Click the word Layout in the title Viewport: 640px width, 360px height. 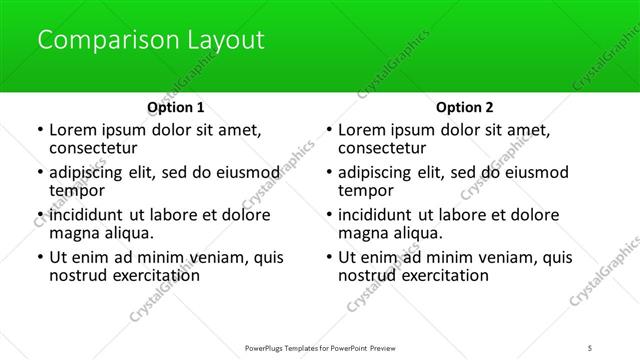pos(226,41)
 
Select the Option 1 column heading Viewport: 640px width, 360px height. pos(175,107)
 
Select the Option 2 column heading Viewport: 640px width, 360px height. pos(465,107)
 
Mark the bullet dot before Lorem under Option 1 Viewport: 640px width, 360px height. pos(39,130)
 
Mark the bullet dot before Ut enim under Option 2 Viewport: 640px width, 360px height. pos(328,258)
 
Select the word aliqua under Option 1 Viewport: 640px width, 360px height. pos(127,233)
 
